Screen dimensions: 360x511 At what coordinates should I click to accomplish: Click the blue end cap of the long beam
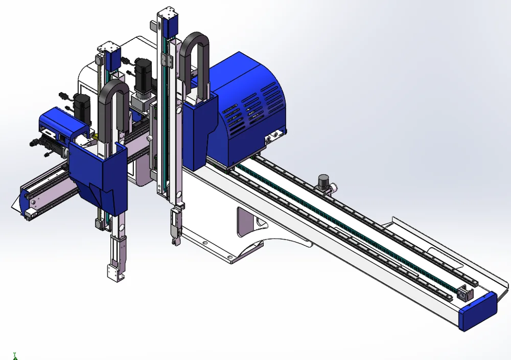[x=478, y=309]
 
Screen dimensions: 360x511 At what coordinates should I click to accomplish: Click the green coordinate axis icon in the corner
[x=15, y=355]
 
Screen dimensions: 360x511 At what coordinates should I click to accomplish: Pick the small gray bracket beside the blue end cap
[x=466, y=293]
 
